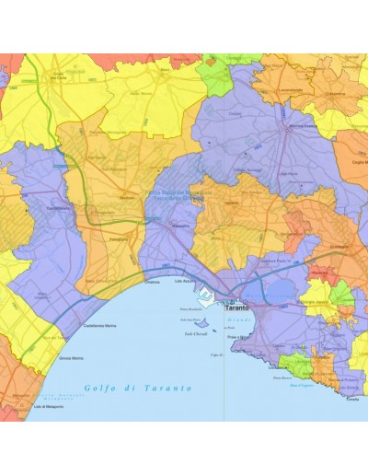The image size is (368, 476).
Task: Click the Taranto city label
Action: pyautogui.click(x=236, y=306)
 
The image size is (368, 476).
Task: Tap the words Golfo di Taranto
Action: pyautogui.click(x=138, y=388)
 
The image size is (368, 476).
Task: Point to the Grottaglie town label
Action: pyautogui.click(x=339, y=247)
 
